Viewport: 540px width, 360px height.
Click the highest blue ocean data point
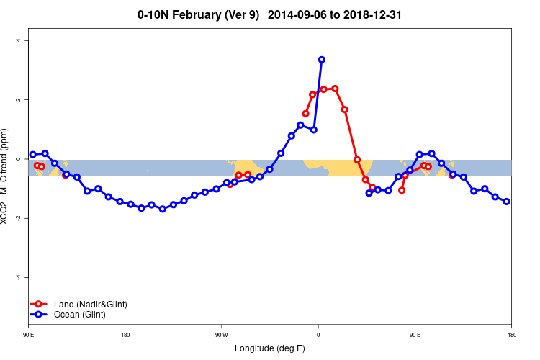(x=321, y=60)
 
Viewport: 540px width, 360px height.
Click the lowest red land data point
(x=402, y=190)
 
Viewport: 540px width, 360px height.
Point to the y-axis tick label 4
(x=18, y=40)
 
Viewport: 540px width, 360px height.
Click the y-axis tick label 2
(x=18, y=99)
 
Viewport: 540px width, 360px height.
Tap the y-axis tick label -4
(x=18, y=277)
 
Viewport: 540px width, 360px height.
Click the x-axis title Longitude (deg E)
(x=270, y=348)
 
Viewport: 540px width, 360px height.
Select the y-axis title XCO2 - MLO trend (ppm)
(x=6, y=176)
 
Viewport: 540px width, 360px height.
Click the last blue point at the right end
(x=506, y=202)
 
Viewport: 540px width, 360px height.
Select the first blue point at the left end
(x=33, y=155)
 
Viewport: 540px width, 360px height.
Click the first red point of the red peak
(x=305, y=114)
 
